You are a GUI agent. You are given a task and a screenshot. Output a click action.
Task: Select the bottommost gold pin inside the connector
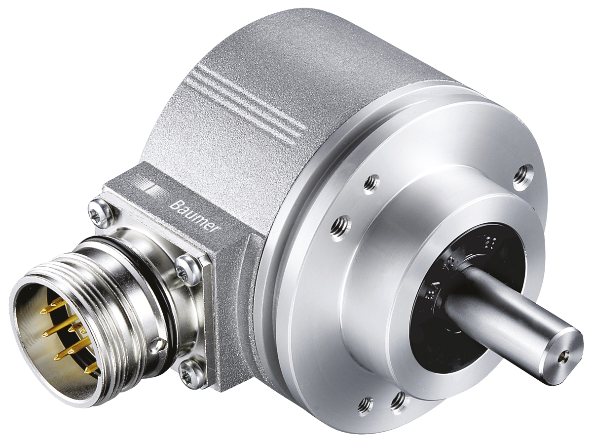[92, 368]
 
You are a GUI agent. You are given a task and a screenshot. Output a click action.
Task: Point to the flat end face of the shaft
[562, 351]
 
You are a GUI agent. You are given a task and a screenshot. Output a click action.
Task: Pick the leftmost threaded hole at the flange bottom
[366, 405]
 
